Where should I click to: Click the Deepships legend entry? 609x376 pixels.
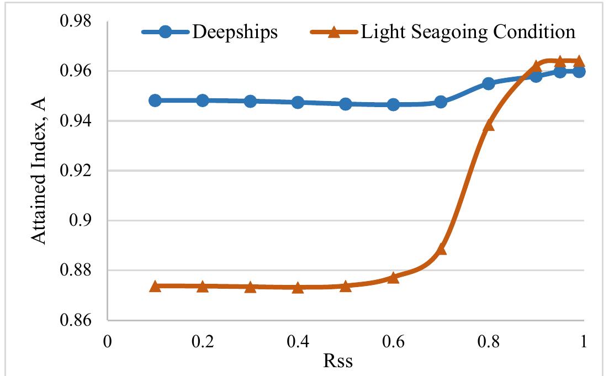pyautogui.click(x=235, y=32)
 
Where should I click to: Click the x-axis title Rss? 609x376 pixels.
pyautogui.click(x=338, y=361)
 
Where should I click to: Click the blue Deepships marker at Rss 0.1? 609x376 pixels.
pyautogui.click(x=155, y=100)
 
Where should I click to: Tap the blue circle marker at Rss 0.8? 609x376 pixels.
pyautogui.click(x=489, y=83)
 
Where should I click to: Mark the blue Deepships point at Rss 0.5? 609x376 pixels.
pyautogui.click(x=346, y=104)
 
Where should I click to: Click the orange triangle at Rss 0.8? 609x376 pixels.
pyautogui.click(x=489, y=125)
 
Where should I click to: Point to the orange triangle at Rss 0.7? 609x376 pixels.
pyautogui.click(x=441, y=250)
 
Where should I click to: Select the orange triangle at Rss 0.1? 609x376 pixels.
pyautogui.click(x=155, y=286)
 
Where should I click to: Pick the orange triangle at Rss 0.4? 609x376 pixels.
pyautogui.click(x=298, y=287)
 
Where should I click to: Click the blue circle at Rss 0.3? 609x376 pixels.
pyautogui.click(x=250, y=101)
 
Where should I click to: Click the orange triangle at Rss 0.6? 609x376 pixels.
pyautogui.click(x=393, y=277)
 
